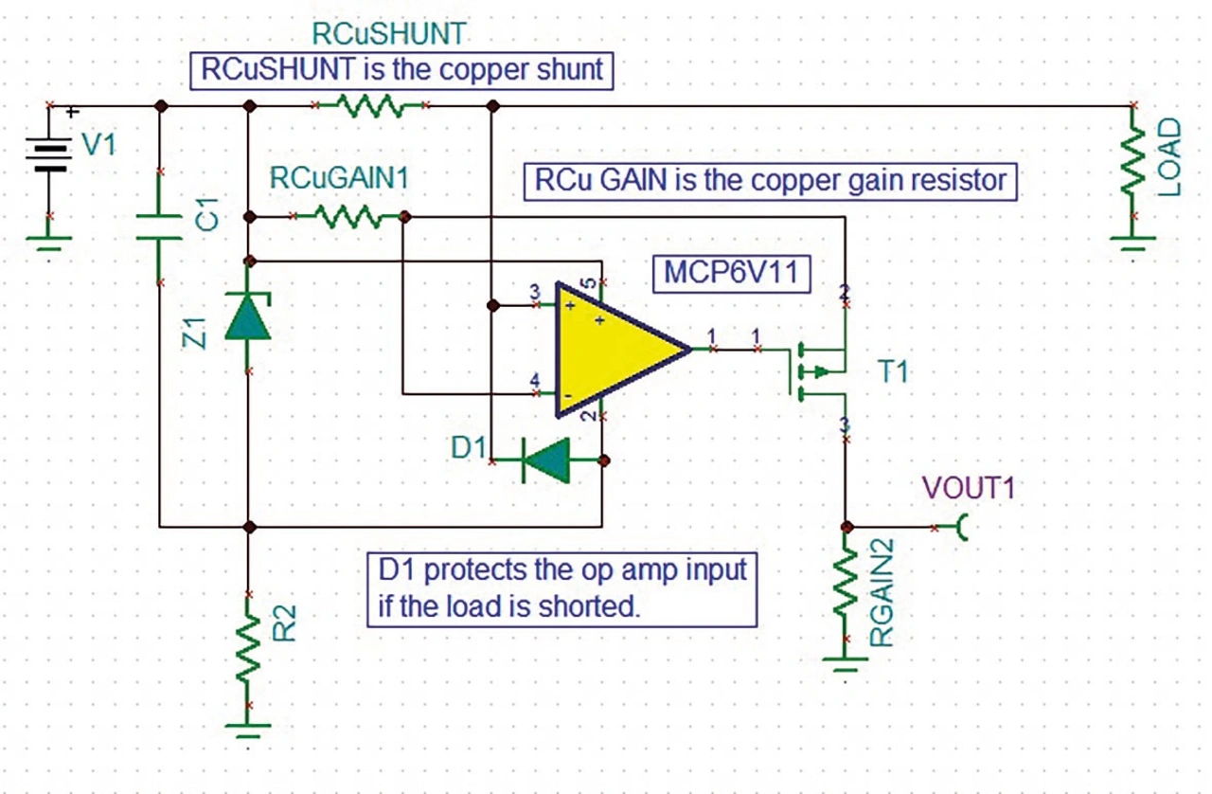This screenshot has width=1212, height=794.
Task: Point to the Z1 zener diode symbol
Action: [247, 316]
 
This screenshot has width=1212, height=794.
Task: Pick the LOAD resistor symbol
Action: [1132, 171]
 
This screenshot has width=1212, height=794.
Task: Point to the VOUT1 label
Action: [962, 493]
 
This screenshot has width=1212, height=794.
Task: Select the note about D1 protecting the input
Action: [562, 587]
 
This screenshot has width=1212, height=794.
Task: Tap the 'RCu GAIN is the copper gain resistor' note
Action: [770, 180]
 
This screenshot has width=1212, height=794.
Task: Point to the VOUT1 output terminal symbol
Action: [964, 527]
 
